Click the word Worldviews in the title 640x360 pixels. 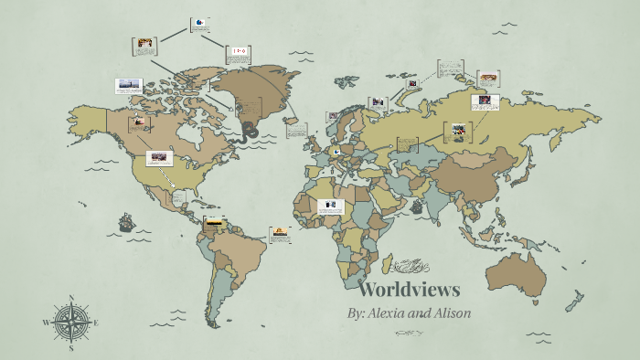point(409,291)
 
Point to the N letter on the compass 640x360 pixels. point(71,298)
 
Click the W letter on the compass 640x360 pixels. point(46,323)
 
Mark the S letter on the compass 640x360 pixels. point(71,348)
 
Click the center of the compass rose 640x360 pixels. point(71,323)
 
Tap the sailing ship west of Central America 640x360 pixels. point(125,222)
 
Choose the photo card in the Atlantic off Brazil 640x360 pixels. point(280,234)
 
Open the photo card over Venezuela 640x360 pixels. point(213,222)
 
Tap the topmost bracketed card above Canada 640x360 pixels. point(199,25)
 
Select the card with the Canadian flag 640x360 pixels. point(239,51)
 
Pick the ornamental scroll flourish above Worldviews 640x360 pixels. point(410,267)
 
